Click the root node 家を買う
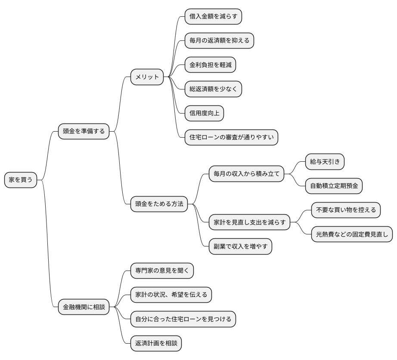coord(21,180)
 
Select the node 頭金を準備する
coord(84,131)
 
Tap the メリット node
coord(147,77)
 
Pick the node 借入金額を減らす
coord(213,17)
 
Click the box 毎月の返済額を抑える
coord(219,41)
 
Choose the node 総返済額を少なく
coord(213,89)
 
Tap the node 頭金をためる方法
coord(159,204)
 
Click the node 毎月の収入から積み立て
coord(246,174)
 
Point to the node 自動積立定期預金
coord(334,186)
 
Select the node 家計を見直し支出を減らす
coord(249,223)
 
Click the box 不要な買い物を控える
coord(346,210)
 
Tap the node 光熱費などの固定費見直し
coord(352,234)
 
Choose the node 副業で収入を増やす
coord(240,246)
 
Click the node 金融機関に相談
coord(84,307)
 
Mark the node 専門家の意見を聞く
coord(162,271)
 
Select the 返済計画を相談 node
coord(156,343)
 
